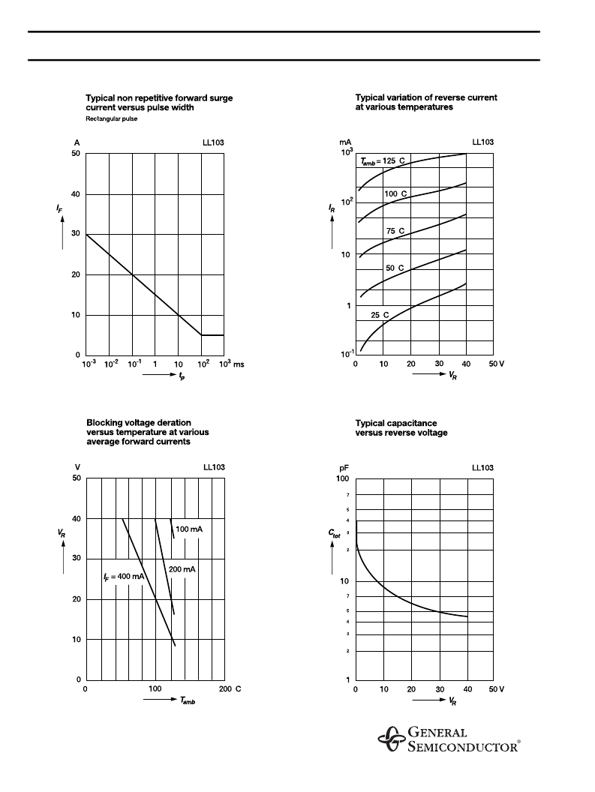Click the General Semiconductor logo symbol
(390, 739)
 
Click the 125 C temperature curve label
(383, 161)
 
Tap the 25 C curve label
(380, 315)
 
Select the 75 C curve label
(395, 231)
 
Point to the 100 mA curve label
(189, 529)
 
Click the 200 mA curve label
(182, 569)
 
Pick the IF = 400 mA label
(123, 576)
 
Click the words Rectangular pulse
(112, 118)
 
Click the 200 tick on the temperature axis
(225, 688)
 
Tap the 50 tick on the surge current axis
(75, 154)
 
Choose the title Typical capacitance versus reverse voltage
(401, 428)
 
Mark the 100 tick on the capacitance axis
(342, 478)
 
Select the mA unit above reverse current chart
(345, 142)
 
